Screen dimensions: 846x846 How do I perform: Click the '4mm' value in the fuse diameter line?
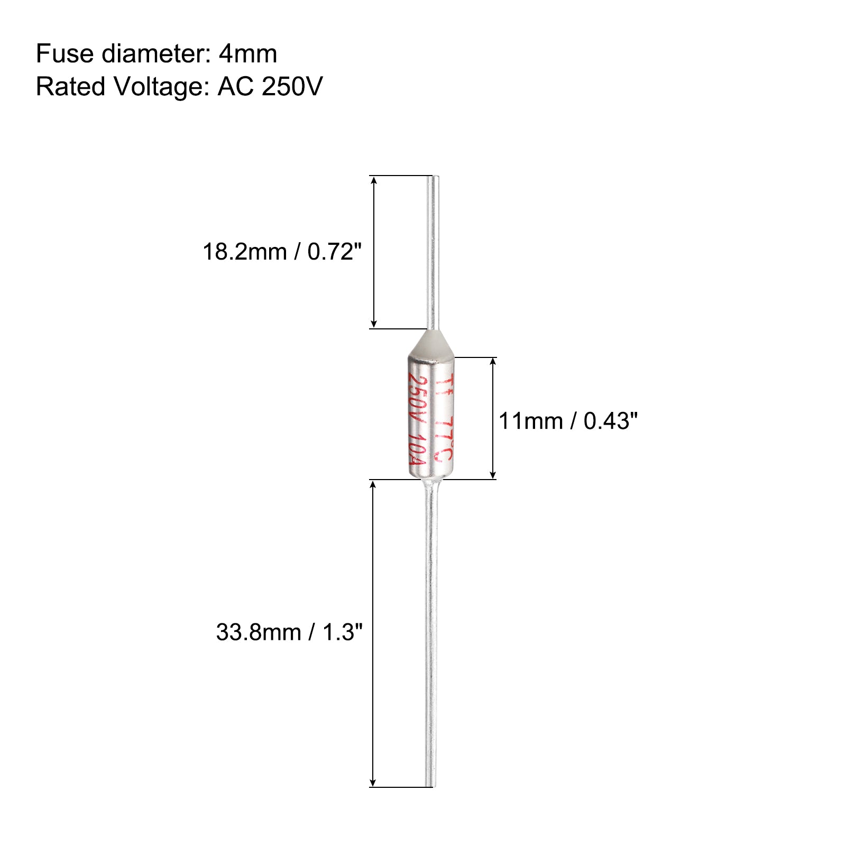pyautogui.click(x=248, y=54)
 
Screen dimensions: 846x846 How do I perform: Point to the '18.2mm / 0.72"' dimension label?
pyautogui.click(x=282, y=252)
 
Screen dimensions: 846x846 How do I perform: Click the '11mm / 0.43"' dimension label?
pyautogui.click(x=568, y=421)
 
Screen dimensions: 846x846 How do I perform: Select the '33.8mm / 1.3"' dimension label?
pyautogui.click(x=289, y=632)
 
